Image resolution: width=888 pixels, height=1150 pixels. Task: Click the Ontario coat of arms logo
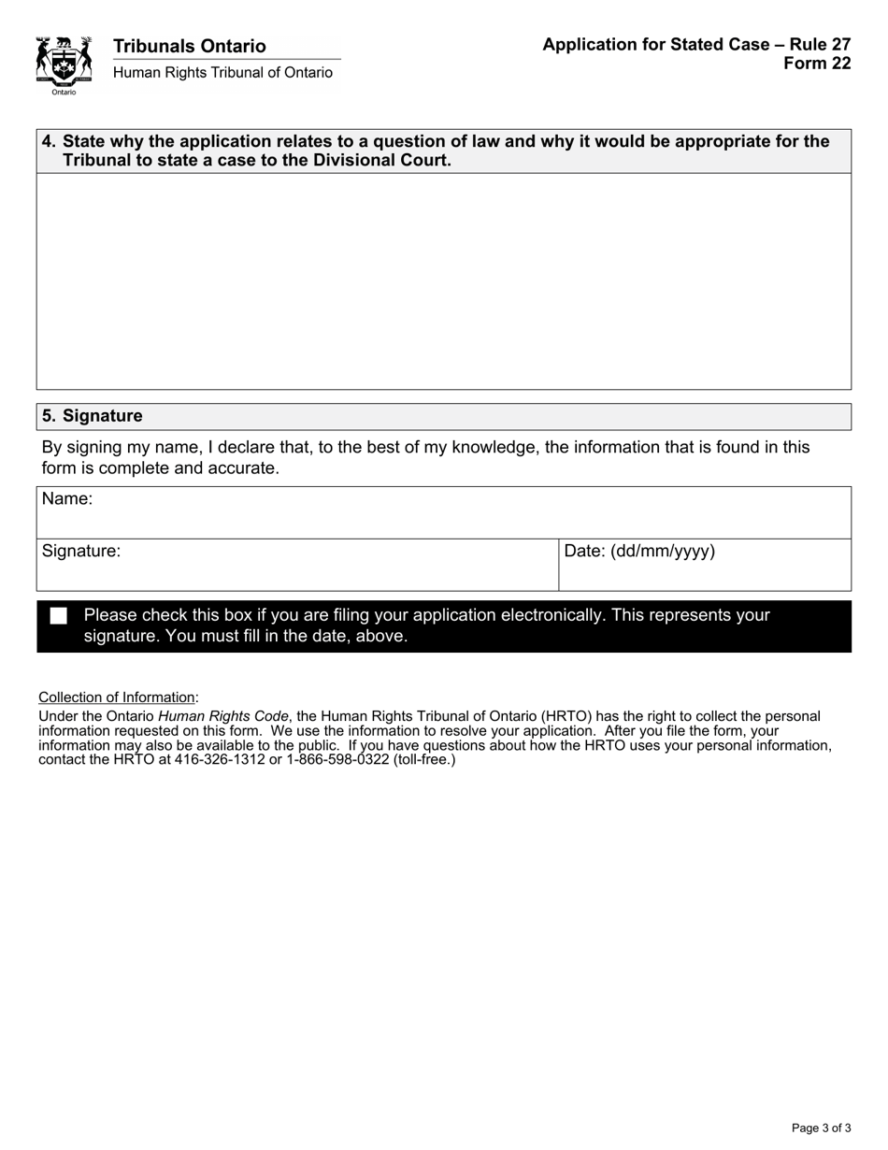(64, 64)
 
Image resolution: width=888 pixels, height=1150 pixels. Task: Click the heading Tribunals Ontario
(189, 46)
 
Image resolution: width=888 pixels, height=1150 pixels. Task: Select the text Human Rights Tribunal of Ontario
(222, 73)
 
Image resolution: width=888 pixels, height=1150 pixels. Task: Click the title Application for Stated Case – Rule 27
(695, 45)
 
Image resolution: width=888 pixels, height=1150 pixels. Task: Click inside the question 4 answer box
(443, 280)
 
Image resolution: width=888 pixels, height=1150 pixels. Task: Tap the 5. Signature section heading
(93, 416)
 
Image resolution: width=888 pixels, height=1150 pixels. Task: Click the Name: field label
(67, 499)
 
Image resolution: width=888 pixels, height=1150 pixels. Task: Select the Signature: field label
(81, 552)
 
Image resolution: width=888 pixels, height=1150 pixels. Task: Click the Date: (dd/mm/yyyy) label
(639, 552)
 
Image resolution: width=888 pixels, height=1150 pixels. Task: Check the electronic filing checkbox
(59, 616)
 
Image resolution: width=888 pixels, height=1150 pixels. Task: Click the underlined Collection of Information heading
(117, 697)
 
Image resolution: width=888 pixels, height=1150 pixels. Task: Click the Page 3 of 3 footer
(821, 1128)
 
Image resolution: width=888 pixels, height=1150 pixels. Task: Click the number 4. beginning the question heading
(49, 141)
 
